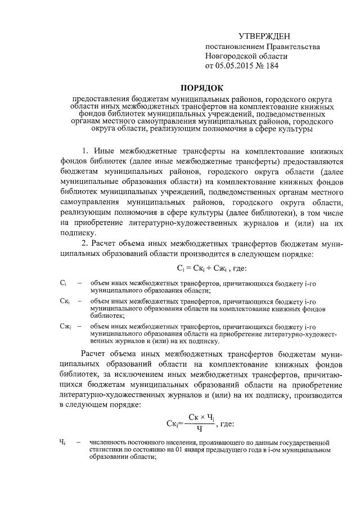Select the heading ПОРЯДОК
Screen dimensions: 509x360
point(201,87)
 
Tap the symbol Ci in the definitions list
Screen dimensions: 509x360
point(63,283)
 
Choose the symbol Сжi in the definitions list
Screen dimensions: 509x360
point(65,326)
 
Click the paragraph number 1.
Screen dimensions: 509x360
point(85,152)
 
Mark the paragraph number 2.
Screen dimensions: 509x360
point(85,244)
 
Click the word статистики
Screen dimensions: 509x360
point(106,451)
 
